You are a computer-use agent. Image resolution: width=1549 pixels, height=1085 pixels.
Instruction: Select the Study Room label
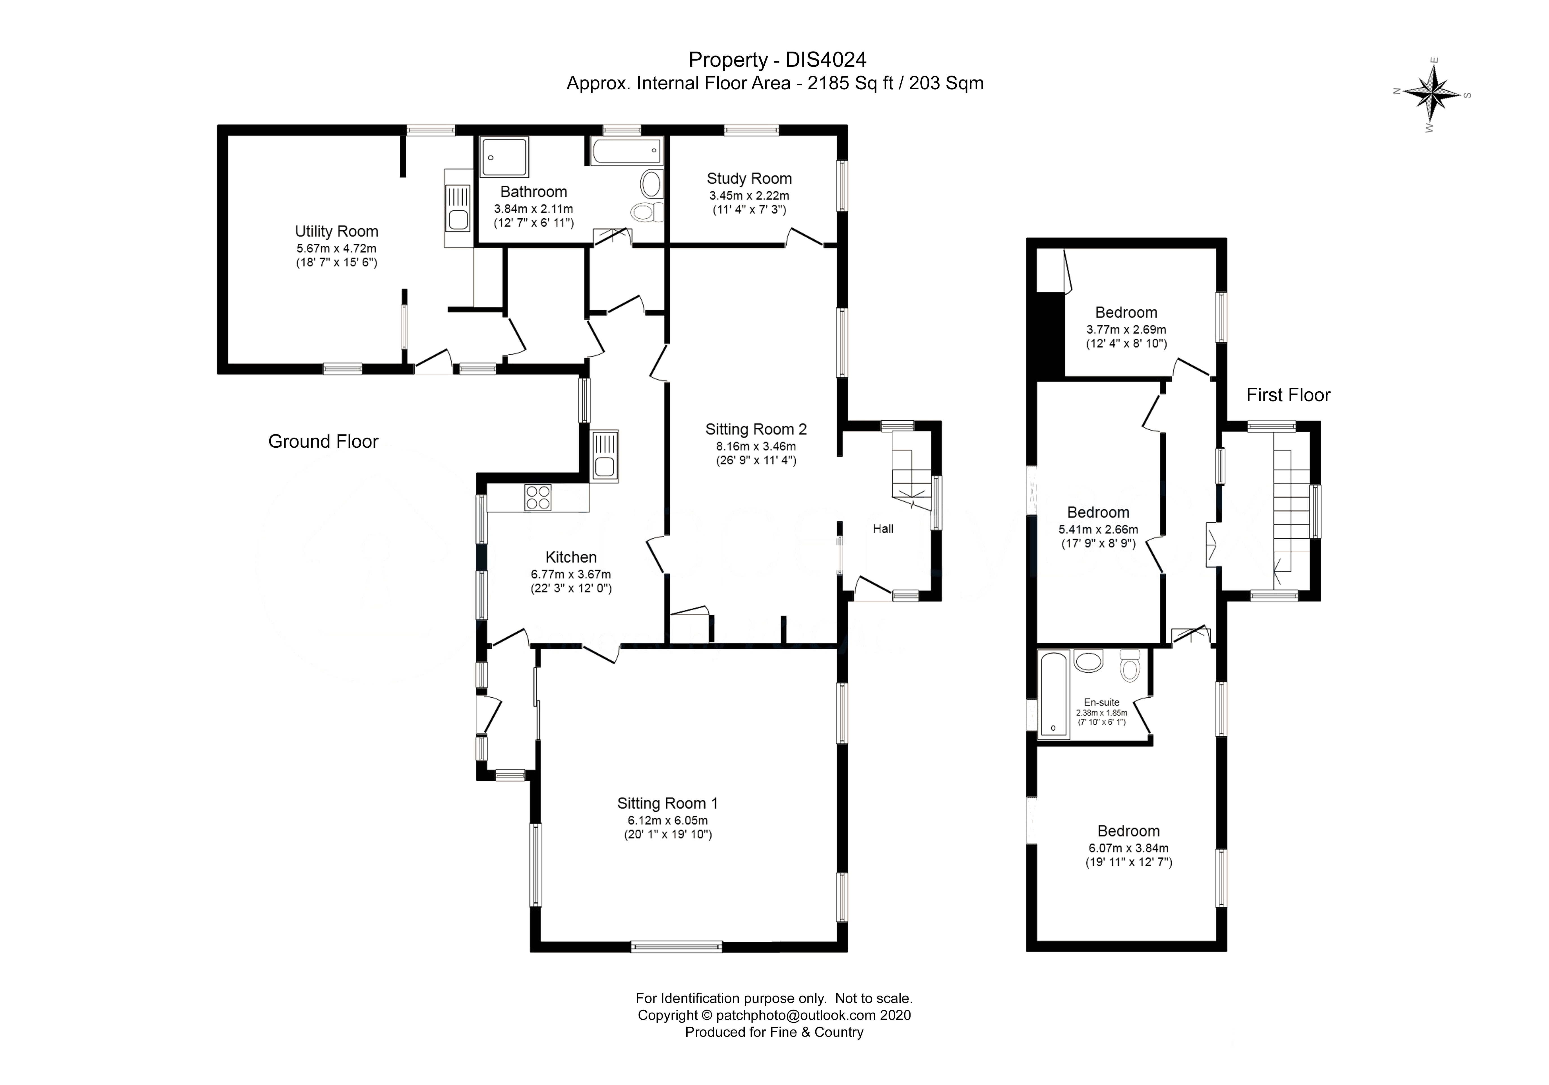[x=749, y=179]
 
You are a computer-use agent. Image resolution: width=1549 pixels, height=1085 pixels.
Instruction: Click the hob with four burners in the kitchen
[x=538, y=498]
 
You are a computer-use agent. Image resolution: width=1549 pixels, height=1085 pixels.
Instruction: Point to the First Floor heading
[x=1288, y=395]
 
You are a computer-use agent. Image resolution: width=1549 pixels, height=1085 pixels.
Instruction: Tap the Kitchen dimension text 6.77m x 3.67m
[x=571, y=574]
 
